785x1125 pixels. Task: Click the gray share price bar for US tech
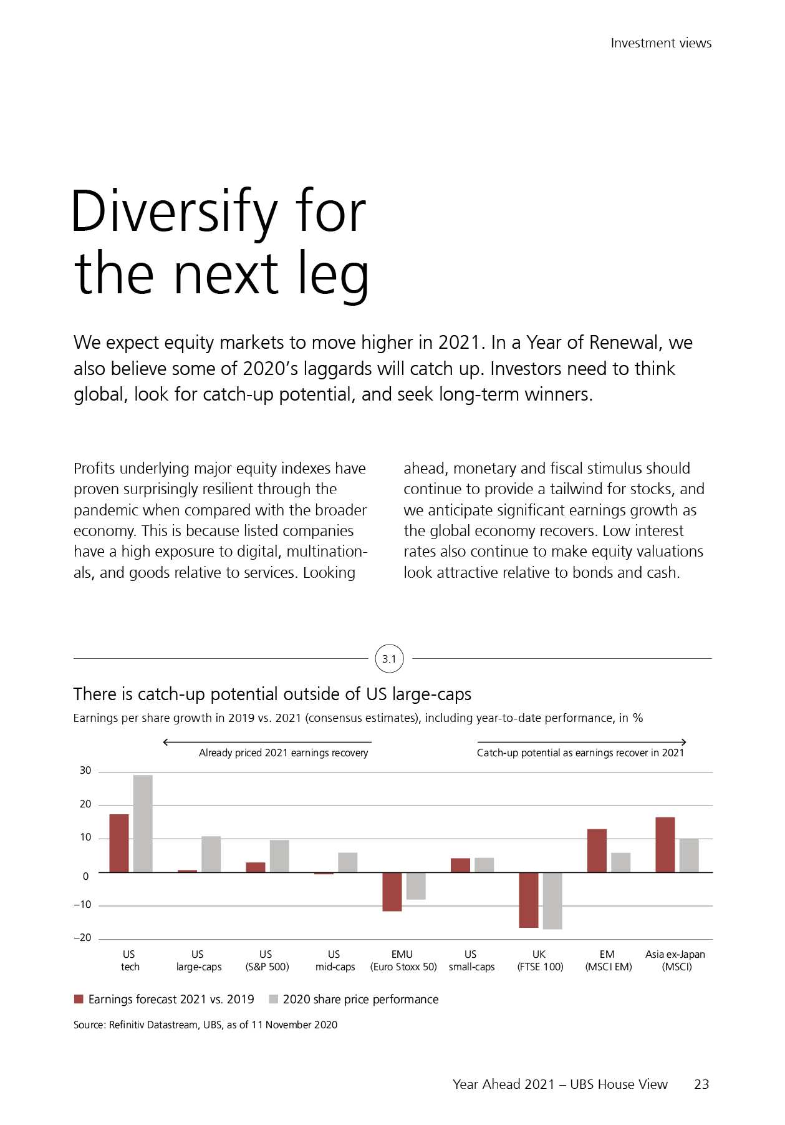coord(143,823)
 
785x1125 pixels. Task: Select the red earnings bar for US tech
coord(119,843)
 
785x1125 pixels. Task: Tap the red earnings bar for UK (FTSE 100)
coord(528,900)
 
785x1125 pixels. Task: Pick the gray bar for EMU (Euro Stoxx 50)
coord(416,885)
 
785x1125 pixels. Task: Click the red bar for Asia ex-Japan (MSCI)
coord(665,844)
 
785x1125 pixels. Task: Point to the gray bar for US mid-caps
coord(347,862)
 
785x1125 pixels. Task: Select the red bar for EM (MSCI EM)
coord(597,850)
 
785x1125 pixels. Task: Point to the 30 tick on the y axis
coord(85,771)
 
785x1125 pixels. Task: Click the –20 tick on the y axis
coord(82,938)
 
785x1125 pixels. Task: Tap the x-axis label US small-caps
coord(471,960)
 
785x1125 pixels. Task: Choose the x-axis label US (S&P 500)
coord(267,960)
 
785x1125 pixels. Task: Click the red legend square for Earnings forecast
coord(79,999)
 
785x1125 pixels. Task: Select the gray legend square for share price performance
coord(273,999)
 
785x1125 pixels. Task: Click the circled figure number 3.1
coord(389,659)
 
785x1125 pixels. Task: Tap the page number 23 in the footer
coord(701,1084)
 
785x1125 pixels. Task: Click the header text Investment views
coord(661,43)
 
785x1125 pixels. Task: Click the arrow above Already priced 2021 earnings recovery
coord(267,742)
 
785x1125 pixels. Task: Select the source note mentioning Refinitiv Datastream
coord(205,1025)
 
